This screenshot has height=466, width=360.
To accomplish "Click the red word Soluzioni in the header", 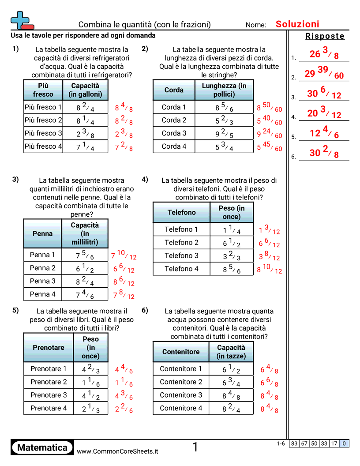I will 297,24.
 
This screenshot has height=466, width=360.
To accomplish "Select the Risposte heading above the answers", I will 325,37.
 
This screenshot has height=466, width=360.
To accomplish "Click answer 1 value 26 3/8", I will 324,53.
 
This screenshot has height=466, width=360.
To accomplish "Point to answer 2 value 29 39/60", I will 324,73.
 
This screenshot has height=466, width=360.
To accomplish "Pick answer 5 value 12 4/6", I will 324,133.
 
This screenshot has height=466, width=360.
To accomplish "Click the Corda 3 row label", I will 174,133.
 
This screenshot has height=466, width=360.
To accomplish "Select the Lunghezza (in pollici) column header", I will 224,90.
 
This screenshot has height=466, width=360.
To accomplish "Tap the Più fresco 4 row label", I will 43,146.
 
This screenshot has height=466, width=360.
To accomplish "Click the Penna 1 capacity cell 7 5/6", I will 85,255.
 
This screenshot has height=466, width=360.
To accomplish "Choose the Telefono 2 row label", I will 181,242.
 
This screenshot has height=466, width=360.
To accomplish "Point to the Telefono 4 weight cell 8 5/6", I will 231,269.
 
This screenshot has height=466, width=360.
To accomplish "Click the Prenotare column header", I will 49,347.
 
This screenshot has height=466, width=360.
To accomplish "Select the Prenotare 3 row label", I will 49,395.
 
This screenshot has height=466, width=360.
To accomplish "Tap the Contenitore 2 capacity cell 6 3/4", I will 231,382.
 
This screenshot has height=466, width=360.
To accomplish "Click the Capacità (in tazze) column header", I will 231,352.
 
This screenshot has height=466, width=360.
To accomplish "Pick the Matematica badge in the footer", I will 42,448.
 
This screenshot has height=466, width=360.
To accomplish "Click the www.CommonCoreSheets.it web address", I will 117,451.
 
